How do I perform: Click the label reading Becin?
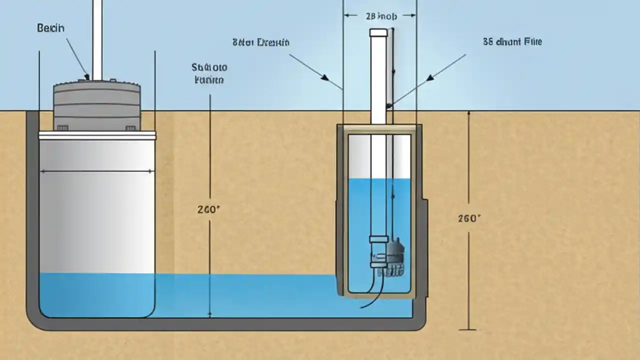tap(50, 28)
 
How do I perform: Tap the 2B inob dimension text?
tap(381, 16)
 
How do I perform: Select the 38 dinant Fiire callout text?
tap(512, 42)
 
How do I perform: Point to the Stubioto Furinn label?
tap(209, 73)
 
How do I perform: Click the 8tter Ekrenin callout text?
tap(261, 42)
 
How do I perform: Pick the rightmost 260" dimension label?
tap(469, 218)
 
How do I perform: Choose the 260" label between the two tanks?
tap(208, 209)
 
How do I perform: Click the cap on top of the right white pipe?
tap(378, 32)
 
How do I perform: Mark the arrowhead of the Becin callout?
tap(87, 77)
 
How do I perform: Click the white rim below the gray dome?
tap(97, 135)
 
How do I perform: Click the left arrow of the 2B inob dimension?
tap(346, 15)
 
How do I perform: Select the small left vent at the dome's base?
tap(62, 128)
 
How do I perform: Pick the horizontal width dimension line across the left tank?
tap(97, 171)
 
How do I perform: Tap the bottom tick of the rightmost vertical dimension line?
tap(468, 329)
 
